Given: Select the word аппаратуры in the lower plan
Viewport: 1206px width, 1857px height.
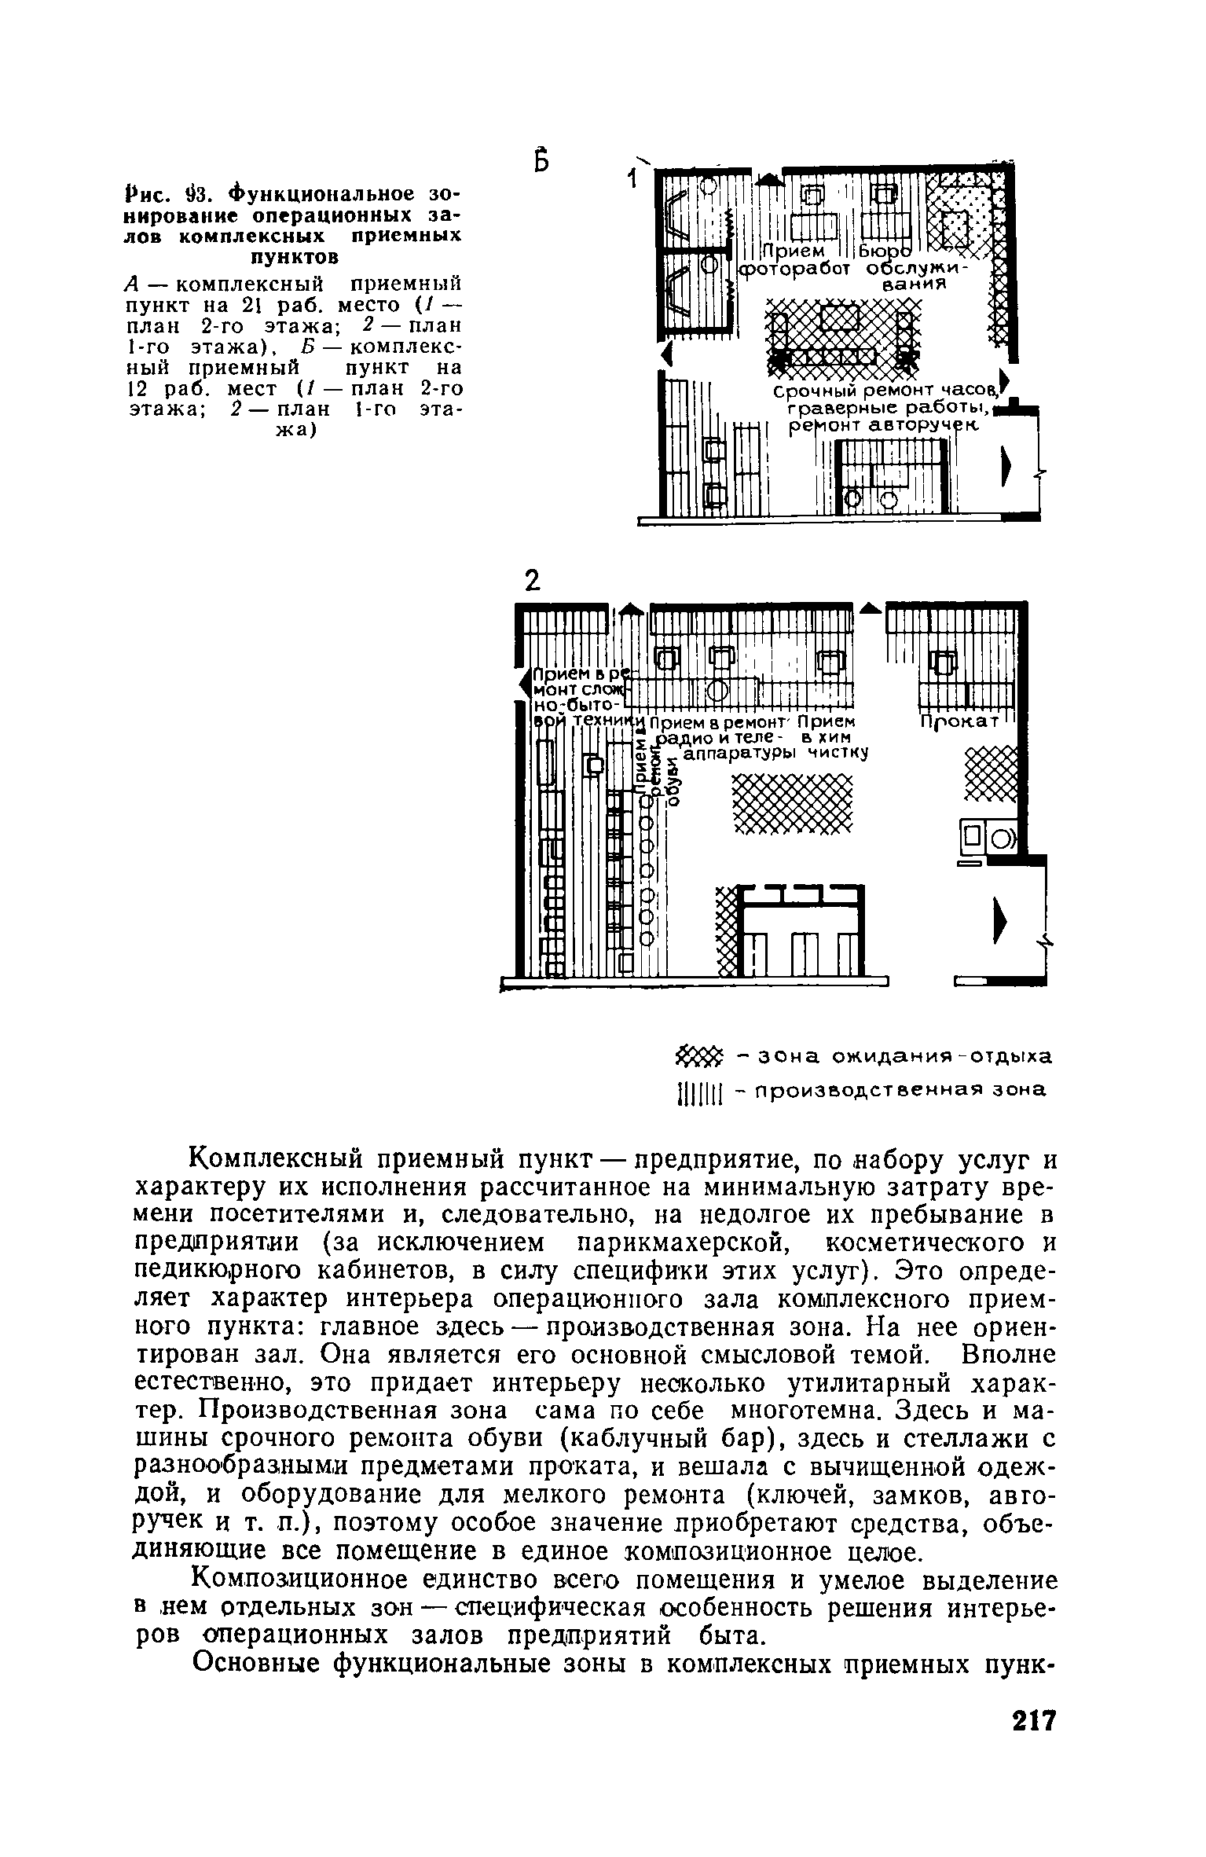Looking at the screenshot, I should point(737,754).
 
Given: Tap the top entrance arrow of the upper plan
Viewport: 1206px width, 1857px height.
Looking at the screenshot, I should point(772,179).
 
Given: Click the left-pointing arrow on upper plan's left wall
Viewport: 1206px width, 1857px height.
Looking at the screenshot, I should point(668,354).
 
